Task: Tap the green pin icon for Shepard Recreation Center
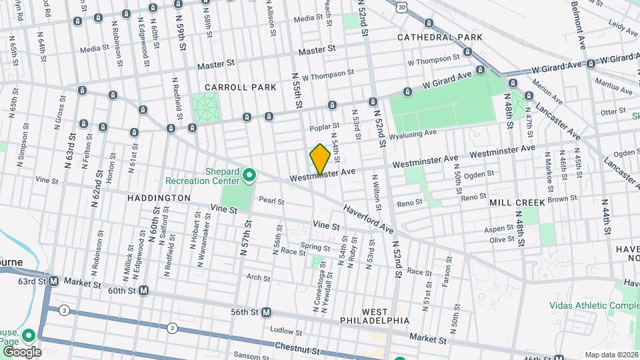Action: [250, 175]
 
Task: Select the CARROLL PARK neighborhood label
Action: [231, 87]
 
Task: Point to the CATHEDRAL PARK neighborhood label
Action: [439, 37]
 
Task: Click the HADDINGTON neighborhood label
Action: [159, 198]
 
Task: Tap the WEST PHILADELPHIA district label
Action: [385, 316]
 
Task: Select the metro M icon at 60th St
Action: [143, 291]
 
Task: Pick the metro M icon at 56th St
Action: [267, 311]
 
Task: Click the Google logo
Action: [21, 351]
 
